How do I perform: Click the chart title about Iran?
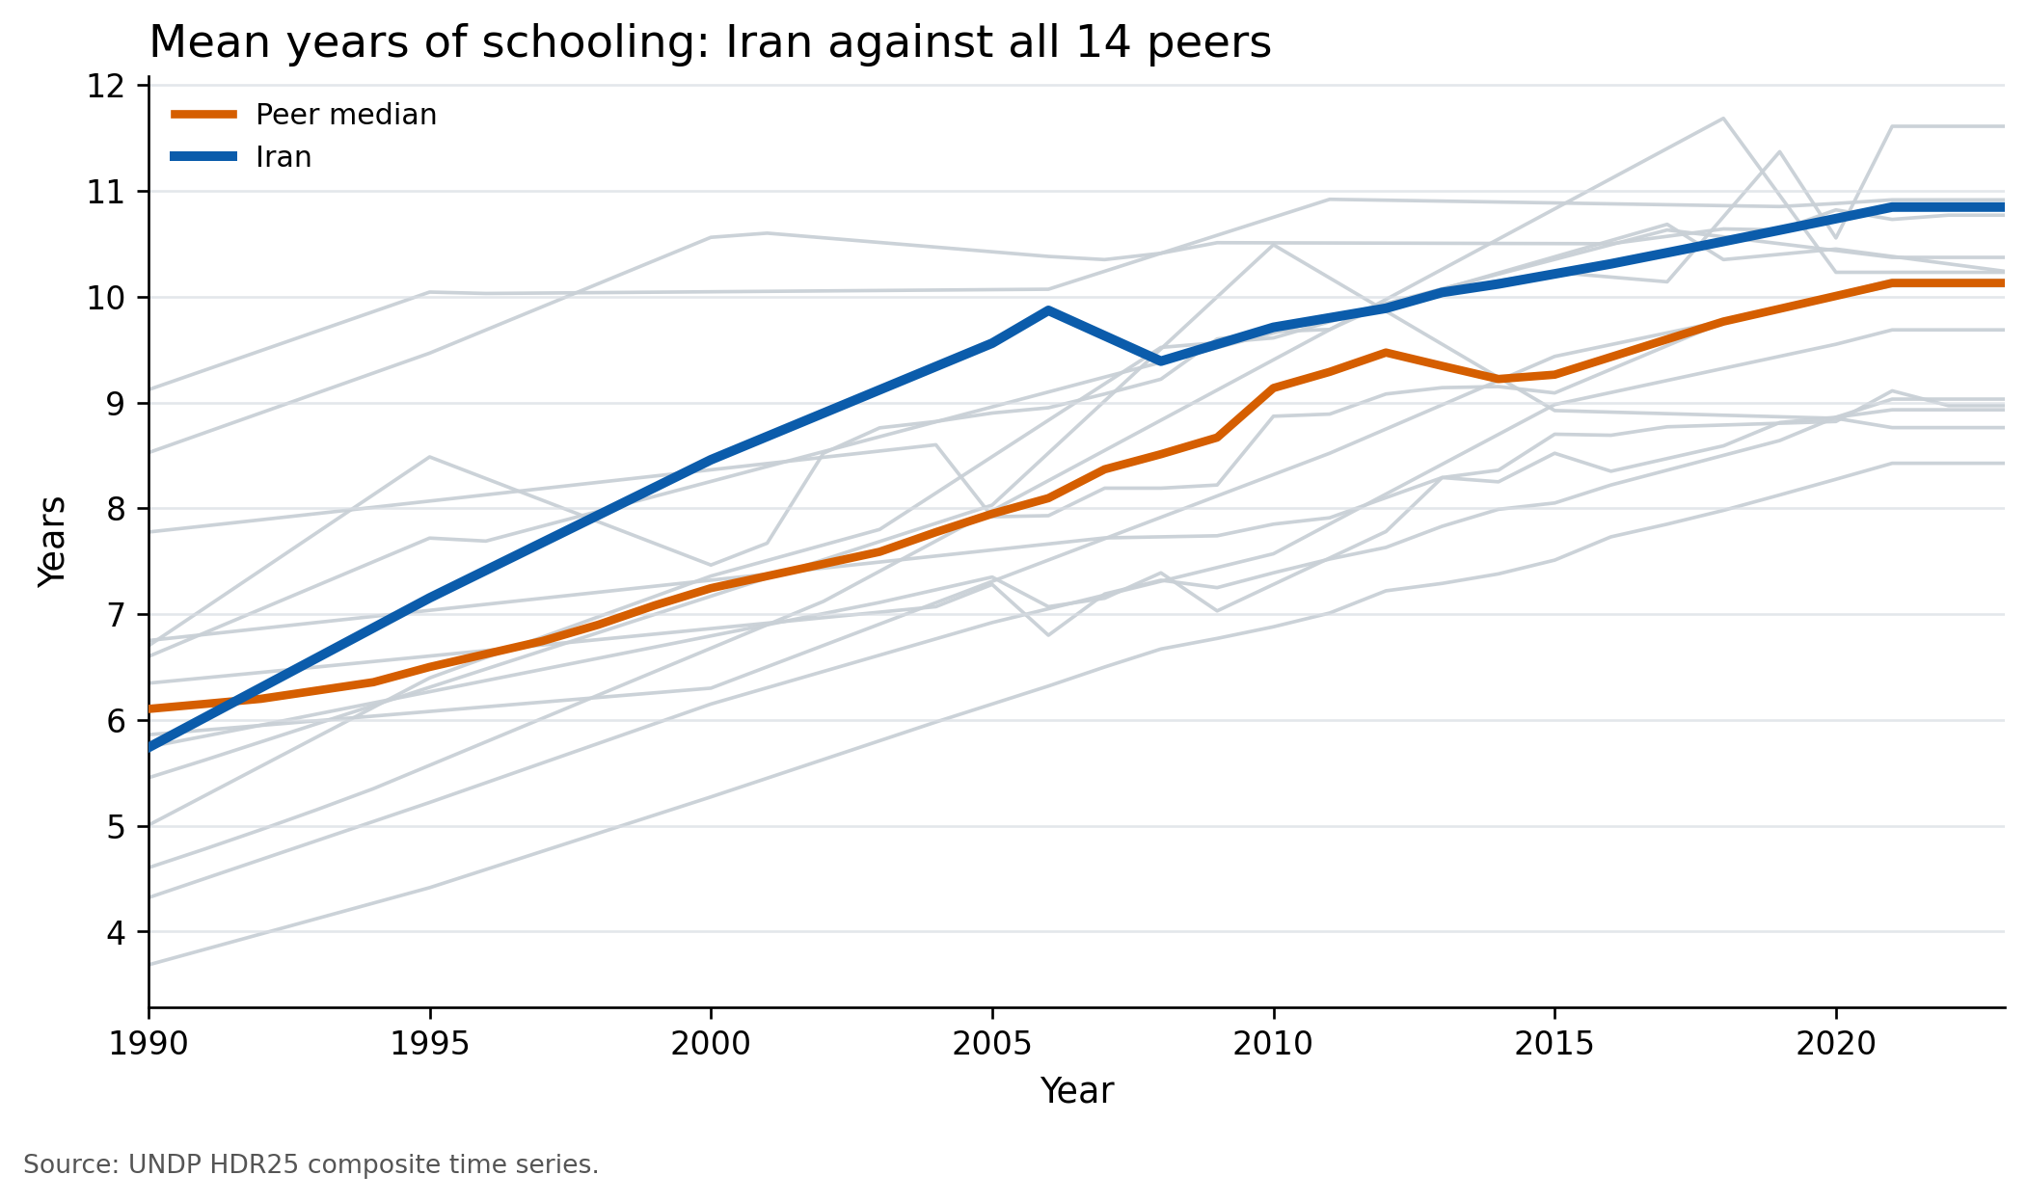point(710,43)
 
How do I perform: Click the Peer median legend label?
point(345,115)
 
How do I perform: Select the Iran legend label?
point(284,157)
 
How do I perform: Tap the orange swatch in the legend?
point(203,115)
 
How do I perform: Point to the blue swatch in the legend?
point(203,157)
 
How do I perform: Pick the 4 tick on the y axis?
point(116,933)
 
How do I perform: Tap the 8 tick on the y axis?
point(116,510)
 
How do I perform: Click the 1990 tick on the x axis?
point(149,1044)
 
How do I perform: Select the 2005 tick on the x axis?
point(992,1044)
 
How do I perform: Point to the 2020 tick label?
point(1835,1044)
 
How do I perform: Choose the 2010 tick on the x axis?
point(1273,1044)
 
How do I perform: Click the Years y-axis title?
point(52,542)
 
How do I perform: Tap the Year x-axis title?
point(1076,1092)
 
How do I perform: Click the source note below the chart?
point(311,1165)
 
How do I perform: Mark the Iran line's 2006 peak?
point(1048,310)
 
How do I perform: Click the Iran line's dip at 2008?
point(1160,361)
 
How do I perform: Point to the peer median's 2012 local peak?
point(1386,353)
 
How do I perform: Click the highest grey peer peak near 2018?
point(1722,119)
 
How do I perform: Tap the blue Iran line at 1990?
point(150,747)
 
